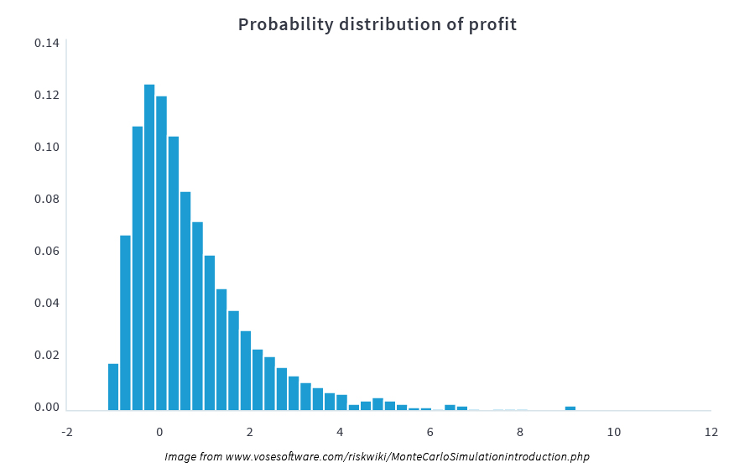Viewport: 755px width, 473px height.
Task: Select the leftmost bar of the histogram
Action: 113,387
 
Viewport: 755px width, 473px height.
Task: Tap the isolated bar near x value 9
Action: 570,408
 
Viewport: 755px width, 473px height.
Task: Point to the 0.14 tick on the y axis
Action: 47,43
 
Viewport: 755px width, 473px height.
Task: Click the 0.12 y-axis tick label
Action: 47,95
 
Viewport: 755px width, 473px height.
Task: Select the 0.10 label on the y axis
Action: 47,147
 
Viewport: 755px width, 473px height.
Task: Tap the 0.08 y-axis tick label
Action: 47,199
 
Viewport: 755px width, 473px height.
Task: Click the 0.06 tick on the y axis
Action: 47,251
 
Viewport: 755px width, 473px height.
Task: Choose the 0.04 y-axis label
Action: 47,303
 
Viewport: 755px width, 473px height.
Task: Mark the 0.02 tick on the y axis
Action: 47,355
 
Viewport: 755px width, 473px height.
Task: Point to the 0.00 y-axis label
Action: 47,407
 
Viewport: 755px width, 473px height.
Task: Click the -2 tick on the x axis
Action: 66,432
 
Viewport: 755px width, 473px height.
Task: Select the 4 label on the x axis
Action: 340,432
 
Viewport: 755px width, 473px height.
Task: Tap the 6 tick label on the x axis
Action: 430,432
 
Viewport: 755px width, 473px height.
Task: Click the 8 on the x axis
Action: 520,432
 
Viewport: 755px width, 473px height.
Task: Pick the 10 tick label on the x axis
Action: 614,432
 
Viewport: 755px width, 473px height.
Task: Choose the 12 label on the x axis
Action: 711,432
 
